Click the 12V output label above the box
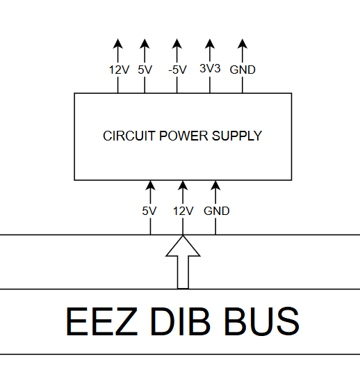(119, 70)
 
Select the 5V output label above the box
(145, 70)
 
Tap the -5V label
(177, 70)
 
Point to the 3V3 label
(211, 69)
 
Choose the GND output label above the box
(243, 70)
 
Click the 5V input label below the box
(149, 211)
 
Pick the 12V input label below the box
(183, 211)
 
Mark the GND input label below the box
(216, 211)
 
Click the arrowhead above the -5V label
(177, 45)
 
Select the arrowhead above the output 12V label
(117, 45)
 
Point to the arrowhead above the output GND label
(243, 45)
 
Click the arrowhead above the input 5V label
(149, 186)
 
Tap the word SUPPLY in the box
(236, 136)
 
